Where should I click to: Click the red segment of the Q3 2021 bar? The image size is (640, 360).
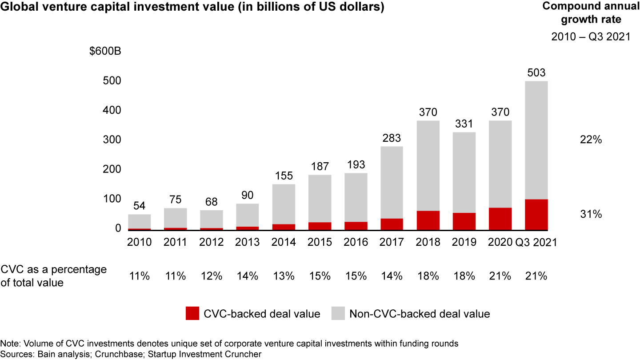536,214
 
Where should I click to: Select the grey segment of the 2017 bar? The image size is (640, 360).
392,182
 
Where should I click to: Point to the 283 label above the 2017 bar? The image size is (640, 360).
392,138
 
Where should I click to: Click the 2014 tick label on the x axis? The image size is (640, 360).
284,242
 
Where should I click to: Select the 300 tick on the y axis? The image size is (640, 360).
112,140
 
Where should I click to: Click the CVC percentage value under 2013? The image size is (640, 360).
248,276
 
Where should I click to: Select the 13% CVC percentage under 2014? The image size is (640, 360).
284,276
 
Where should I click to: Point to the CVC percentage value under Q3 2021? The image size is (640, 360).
536,276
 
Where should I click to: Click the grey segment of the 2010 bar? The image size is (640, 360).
140,221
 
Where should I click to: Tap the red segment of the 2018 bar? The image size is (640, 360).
428,220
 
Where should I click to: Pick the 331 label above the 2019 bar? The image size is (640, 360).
464,124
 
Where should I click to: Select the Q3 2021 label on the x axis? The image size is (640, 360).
536,242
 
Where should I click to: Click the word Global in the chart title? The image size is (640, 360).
16,8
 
